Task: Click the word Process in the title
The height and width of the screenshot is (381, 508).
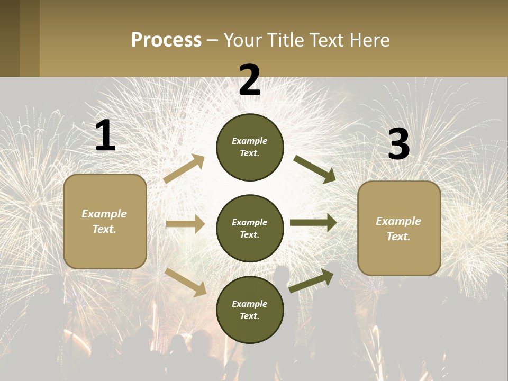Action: tap(166, 40)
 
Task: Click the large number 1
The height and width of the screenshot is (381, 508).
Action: tap(105, 136)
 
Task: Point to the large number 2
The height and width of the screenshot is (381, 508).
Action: tap(250, 80)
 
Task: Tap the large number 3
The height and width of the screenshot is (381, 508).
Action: tap(398, 144)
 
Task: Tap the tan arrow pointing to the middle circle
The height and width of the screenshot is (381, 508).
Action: tap(185, 224)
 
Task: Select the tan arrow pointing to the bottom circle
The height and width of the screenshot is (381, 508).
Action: tap(186, 282)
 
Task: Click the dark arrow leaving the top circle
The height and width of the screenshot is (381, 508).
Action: tap(314, 169)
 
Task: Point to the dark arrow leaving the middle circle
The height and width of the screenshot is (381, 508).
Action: tap(313, 223)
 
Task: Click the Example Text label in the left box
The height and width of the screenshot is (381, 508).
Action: tap(104, 221)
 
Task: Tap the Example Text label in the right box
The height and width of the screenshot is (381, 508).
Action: tap(398, 229)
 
